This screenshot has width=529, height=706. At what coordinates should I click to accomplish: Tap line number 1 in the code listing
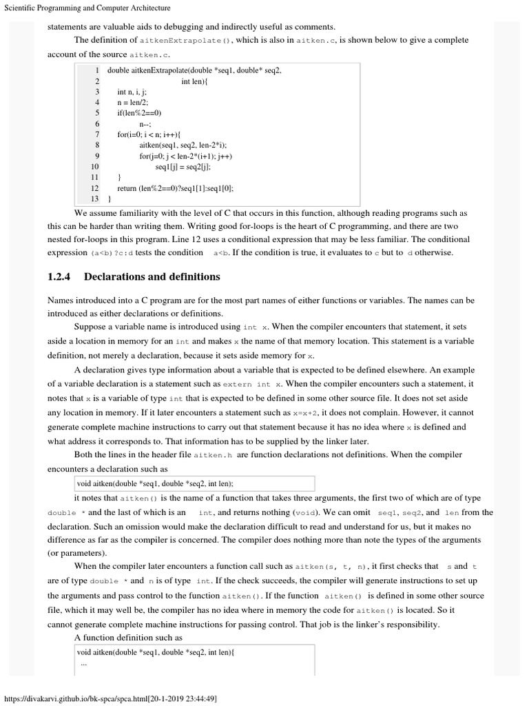(97, 70)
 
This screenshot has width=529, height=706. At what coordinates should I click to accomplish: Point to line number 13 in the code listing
(95, 199)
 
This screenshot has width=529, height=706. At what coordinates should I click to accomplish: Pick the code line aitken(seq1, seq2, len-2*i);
(183, 145)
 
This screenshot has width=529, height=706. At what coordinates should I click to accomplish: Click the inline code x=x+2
(303, 413)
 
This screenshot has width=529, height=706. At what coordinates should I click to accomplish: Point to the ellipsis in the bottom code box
(84, 663)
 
